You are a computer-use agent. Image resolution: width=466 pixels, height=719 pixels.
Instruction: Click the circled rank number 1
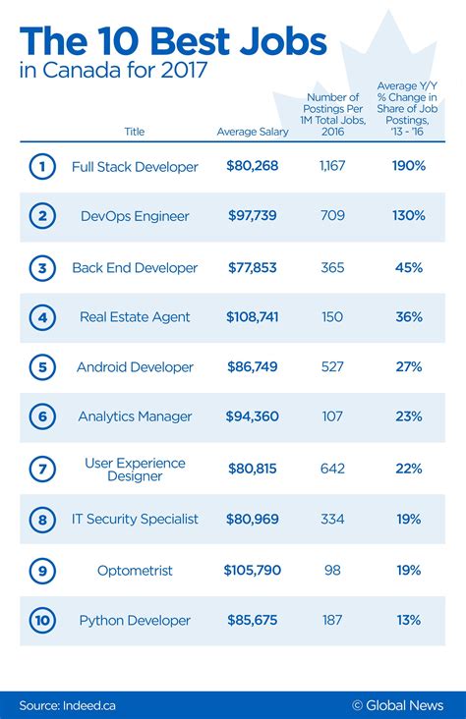[x=41, y=167]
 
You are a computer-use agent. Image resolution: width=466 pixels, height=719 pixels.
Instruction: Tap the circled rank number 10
[x=41, y=620]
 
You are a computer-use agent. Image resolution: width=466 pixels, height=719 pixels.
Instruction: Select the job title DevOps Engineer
[x=135, y=216]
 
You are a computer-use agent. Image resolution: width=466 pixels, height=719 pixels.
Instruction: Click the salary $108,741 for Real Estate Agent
[x=251, y=317]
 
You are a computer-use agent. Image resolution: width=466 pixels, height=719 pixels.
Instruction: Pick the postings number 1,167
[x=333, y=167]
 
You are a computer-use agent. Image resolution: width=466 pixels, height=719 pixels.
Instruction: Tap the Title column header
[x=135, y=132]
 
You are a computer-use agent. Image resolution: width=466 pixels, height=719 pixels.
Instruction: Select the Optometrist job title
[x=135, y=570]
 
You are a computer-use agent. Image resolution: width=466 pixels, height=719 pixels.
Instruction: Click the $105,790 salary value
[x=251, y=570]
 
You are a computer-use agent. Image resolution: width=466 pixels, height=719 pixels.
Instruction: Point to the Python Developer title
[x=135, y=620]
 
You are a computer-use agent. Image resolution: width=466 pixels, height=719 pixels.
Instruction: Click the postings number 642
[x=333, y=469]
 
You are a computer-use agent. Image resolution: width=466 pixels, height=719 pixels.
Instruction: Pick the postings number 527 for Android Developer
[x=333, y=367]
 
